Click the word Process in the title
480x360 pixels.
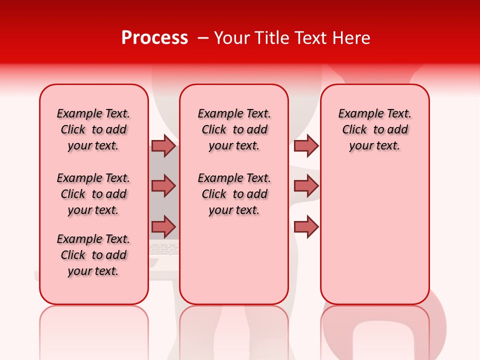154,38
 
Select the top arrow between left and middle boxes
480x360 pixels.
163,145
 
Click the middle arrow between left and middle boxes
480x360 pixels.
163,186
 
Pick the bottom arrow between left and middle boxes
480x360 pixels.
163,226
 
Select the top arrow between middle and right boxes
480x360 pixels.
306,145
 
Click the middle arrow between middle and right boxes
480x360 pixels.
306,186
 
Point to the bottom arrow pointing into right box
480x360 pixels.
306,226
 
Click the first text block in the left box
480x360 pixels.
93,129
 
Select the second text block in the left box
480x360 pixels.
93,194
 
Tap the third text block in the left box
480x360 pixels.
93,255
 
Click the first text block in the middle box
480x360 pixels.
234,129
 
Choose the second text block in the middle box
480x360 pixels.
234,194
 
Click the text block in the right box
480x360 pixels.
374,129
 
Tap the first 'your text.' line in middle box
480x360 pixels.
234,146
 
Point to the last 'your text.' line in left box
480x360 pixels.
93,271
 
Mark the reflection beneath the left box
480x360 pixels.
94,330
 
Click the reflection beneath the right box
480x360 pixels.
375,330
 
